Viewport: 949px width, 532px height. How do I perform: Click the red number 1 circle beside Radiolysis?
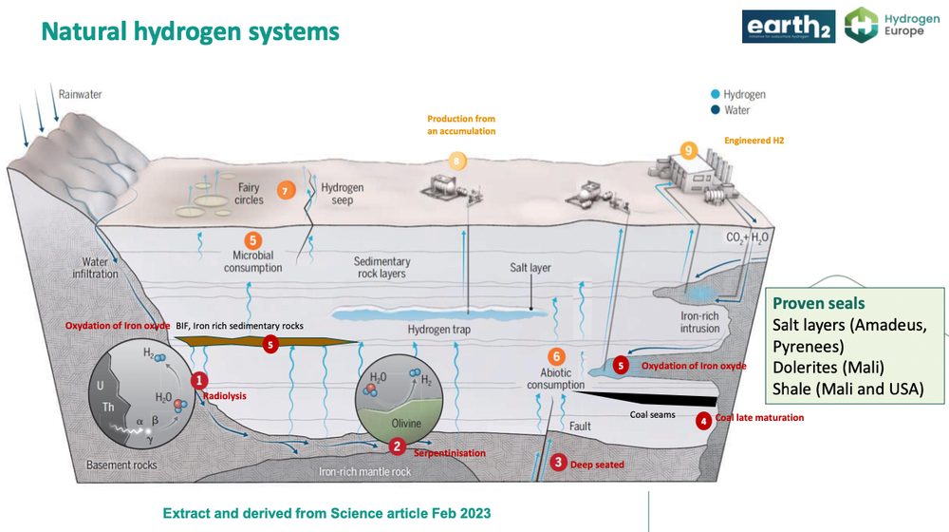[199, 380]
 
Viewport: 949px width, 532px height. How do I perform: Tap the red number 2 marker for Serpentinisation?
[398, 445]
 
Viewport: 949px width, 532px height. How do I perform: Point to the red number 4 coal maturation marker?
[703, 420]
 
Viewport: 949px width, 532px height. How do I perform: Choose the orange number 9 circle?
[689, 149]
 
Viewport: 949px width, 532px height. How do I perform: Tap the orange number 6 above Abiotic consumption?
[557, 357]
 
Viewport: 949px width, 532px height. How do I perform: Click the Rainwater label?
[80, 94]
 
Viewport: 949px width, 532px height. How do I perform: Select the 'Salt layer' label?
[530, 268]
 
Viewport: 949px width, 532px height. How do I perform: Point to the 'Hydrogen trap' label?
[438, 330]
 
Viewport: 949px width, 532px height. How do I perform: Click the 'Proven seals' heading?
[818, 303]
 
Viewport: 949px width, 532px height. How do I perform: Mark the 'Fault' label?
[579, 427]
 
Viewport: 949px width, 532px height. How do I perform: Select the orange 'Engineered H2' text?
[754, 140]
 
